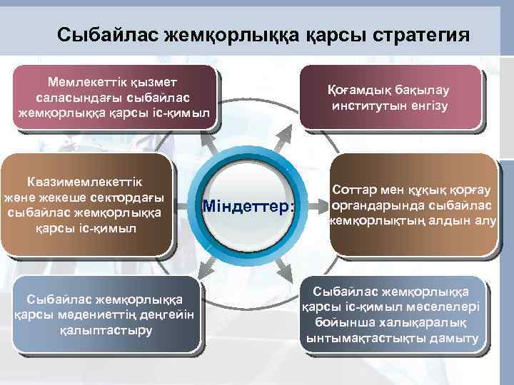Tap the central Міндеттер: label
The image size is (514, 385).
tap(248, 207)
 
